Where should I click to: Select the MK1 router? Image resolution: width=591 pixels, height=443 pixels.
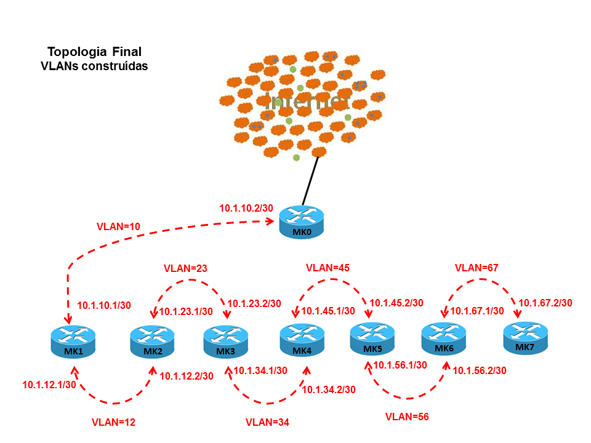point(73,340)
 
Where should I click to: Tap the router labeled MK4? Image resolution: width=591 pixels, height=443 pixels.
point(302,339)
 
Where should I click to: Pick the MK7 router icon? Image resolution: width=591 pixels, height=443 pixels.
point(526,338)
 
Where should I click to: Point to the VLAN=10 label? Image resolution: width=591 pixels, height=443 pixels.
point(119,226)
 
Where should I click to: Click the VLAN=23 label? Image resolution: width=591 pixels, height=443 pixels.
point(185,269)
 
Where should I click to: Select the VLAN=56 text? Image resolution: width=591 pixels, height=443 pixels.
point(406,417)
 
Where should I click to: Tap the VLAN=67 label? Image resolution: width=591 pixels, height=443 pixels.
point(476,268)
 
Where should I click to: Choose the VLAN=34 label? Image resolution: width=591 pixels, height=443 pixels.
point(267,422)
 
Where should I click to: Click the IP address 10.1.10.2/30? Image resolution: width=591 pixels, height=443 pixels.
point(246,208)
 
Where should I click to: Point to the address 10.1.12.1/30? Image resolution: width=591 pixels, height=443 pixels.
point(49,385)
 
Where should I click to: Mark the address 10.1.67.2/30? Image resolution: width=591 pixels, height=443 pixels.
point(545,303)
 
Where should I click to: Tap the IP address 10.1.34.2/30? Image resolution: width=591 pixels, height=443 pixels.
point(329,389)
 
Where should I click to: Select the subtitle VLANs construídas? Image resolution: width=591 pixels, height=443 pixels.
point(94,65)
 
